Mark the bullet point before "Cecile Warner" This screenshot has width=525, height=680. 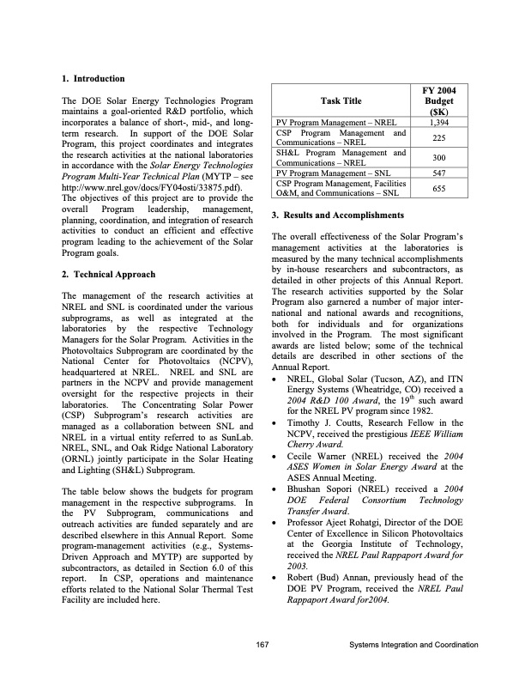click(x=274, y=456)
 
